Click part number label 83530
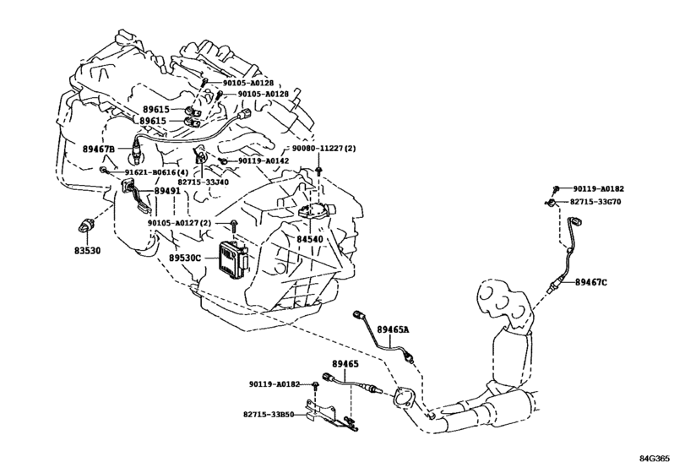coord(87,251)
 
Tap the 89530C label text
coord(185,258)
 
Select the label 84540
coord(310,239)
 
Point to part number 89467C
coord(590,282)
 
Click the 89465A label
coord(393,329)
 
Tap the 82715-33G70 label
coord(595,202)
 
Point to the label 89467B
coord(99,149)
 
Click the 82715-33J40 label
coord(203,182)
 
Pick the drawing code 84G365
coord(655,459)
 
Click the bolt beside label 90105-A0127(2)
coord(234,226)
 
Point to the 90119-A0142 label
coord(264,160)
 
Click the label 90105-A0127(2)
coord(179,223)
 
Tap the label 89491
coord(167,191)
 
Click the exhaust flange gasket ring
coord(401,397)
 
